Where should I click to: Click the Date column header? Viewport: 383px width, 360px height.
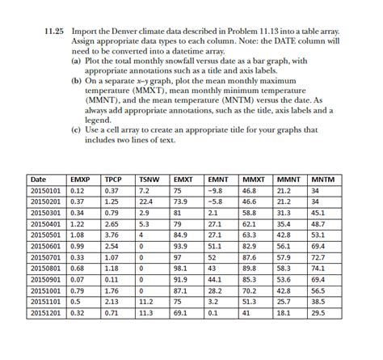click(38, 179)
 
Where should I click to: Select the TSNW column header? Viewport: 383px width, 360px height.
click(148, 179)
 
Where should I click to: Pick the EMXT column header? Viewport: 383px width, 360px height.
click(183, 179)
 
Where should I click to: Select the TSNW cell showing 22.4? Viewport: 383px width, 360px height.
click(146, 201)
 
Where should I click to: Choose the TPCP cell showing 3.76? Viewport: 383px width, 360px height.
click(112, 235)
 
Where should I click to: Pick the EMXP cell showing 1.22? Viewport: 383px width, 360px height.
click(78, 223)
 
